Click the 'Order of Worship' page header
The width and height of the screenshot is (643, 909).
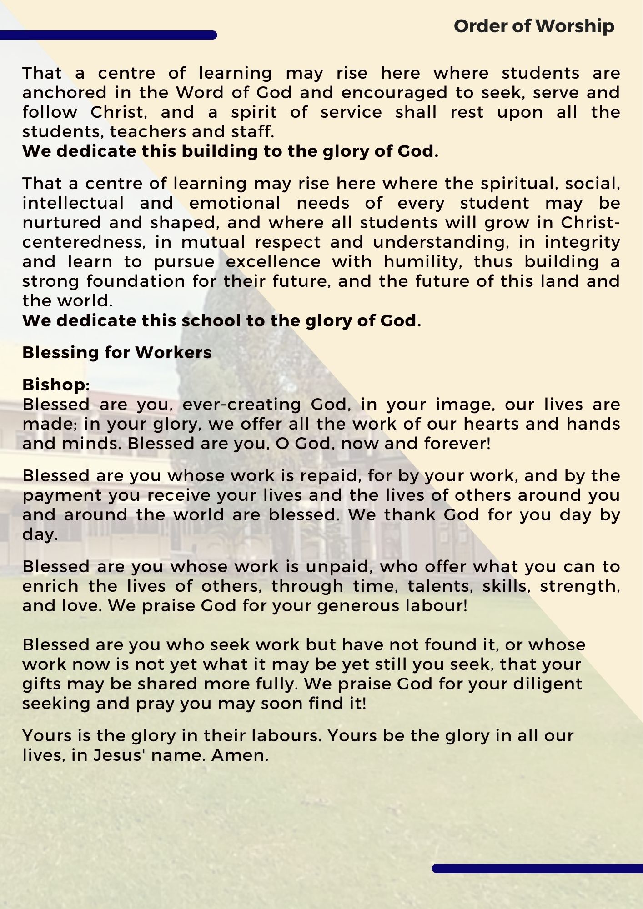coord(534,26)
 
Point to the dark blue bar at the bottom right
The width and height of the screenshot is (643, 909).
coord(537,869)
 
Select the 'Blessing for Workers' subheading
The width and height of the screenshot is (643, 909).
coord(117,353)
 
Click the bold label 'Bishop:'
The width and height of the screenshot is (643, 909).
coord(56,385)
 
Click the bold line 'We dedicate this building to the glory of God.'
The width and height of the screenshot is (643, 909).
coord(230,151)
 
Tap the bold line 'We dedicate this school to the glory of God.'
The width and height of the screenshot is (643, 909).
coord(221,321)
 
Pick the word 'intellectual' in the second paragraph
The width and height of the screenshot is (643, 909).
coord(73,203)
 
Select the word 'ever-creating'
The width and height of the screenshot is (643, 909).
coord(242,405)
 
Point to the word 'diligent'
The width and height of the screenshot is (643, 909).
coord(548,684)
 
